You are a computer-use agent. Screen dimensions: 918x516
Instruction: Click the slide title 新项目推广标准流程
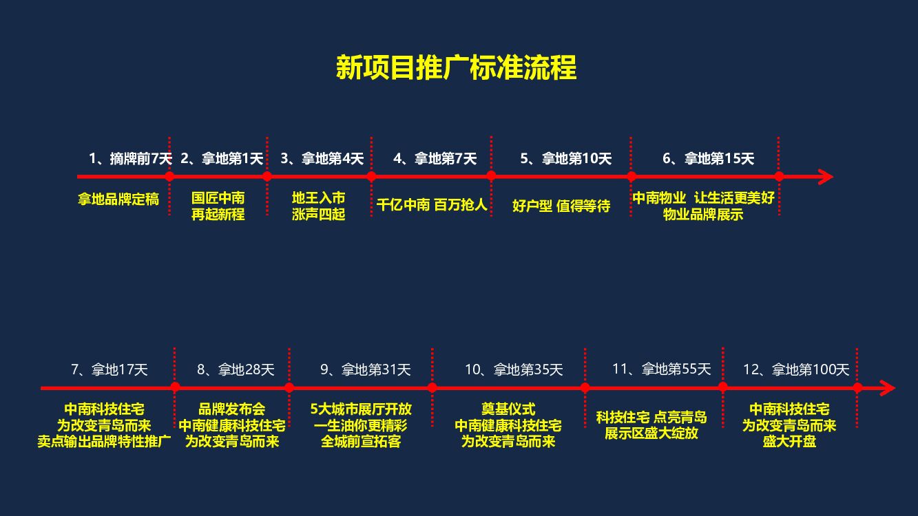(456, 69)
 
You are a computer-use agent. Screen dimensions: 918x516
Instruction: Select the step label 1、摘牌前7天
(130, 158)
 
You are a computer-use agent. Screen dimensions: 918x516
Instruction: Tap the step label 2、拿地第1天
(222, 158)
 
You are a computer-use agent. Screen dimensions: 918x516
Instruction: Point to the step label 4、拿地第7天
(435, 158)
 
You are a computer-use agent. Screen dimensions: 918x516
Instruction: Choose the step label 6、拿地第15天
(708, 158)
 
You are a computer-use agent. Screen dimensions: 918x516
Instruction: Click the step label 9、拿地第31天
(365, 369)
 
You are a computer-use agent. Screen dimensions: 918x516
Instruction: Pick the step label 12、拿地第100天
(796, 369)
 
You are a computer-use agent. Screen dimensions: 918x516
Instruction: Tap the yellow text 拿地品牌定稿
(118, 200)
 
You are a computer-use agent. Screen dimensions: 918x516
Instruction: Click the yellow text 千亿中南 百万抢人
(432, 204)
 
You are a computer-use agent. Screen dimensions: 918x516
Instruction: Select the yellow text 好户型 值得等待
(561, 206)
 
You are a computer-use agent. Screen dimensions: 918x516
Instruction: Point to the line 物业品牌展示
(703, 215)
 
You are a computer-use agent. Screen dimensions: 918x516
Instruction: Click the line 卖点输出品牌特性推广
(104, 442)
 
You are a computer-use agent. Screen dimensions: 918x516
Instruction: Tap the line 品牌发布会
(232, 409)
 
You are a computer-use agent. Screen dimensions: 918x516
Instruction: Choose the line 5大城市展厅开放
(361, 409)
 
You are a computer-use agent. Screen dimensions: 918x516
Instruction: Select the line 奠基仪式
(508, 409)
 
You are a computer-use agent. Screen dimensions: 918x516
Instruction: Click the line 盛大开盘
(789, 442)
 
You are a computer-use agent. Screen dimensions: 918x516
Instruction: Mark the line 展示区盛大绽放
(651, 433)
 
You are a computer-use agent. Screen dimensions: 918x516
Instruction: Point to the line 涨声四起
(318, 215)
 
